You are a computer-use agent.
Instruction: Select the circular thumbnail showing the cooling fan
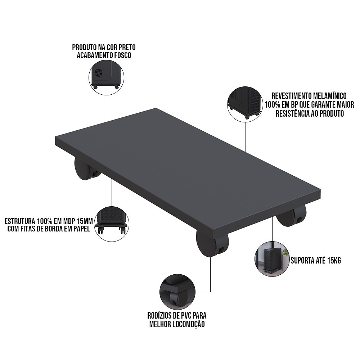pyautogui.click(x=106, y=77)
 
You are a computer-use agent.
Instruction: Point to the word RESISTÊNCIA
pyautogui.click(x=293, y=113)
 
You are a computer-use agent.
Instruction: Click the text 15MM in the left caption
pyautogui.click(x=85, y=221)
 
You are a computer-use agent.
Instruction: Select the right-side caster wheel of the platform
pyautogui.click(x=291, y=215)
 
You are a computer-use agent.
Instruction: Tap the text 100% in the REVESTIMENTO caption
pyautogui.click(x=272, y=105)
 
